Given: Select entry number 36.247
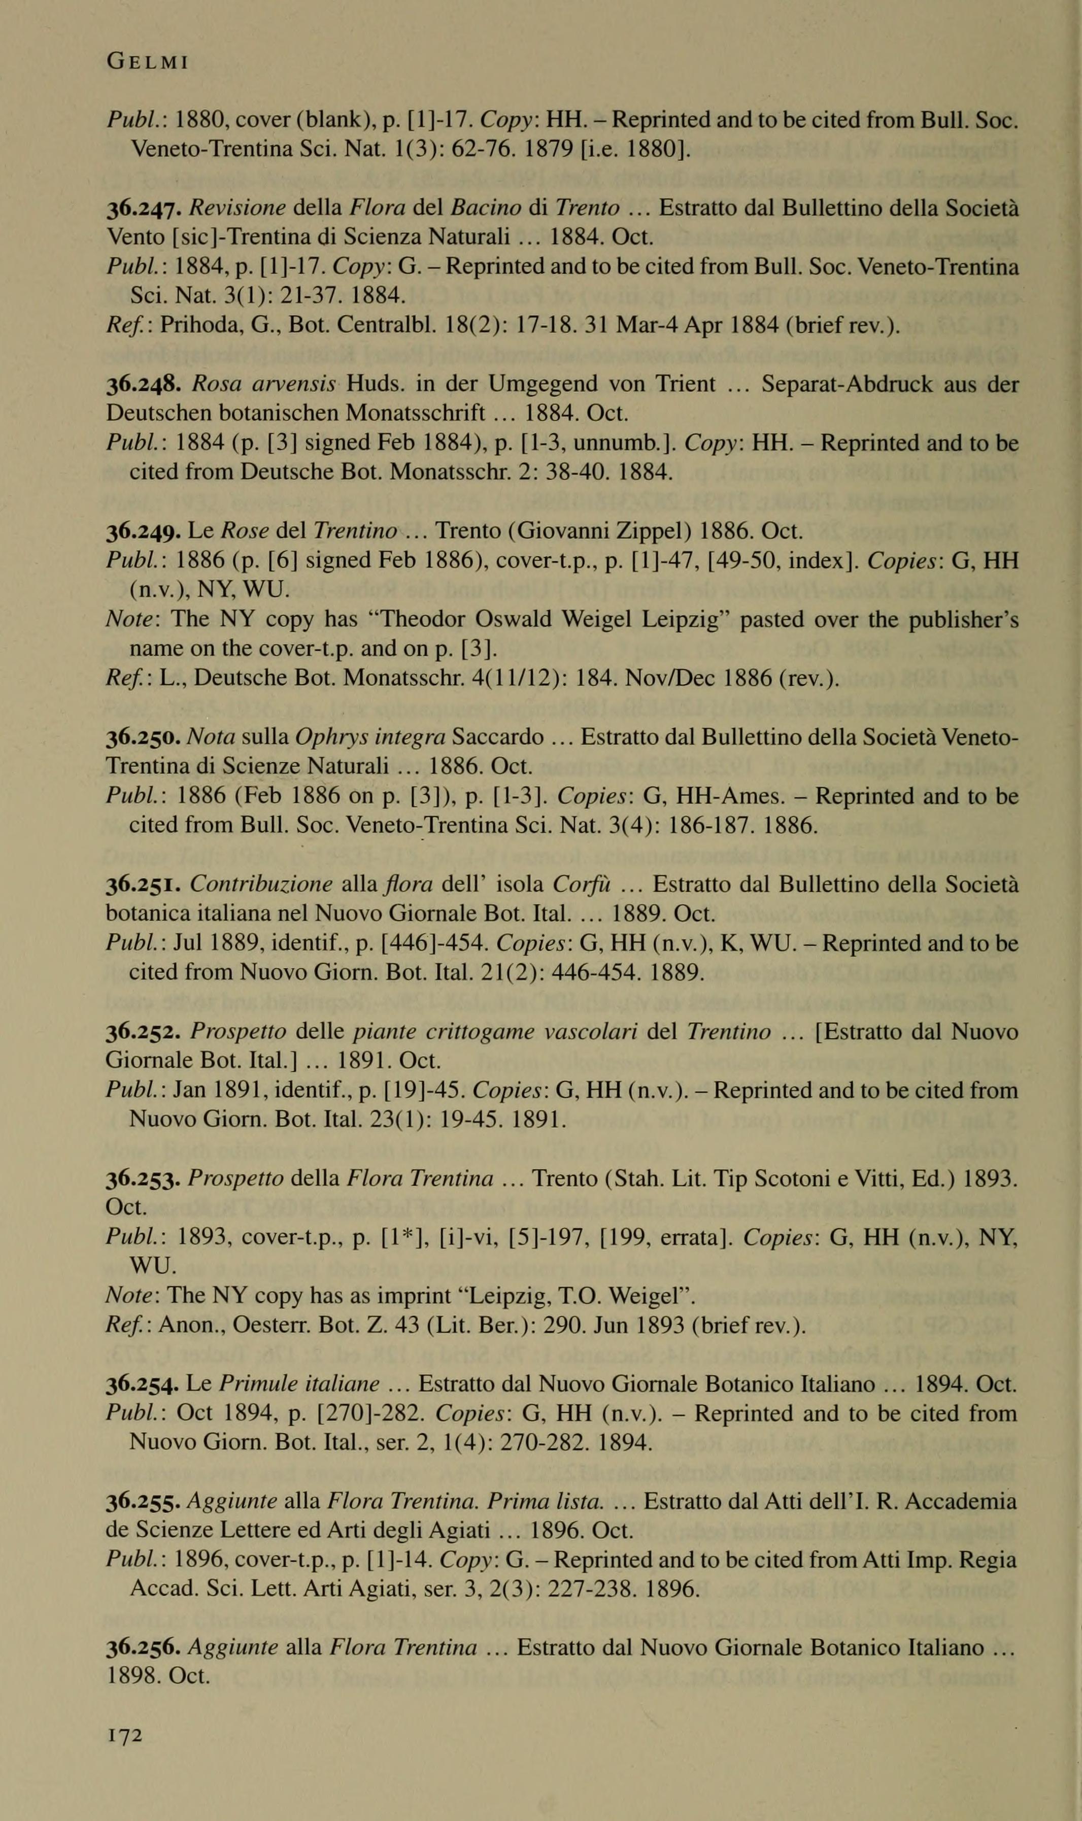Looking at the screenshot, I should click(144, 209).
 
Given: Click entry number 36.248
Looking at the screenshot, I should click(144, 384).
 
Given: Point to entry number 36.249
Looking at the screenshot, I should click(144, 531).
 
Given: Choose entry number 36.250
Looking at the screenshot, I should click(144, 738).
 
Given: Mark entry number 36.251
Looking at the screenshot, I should click(144, 885).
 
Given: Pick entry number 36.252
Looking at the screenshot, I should click(144, 1032).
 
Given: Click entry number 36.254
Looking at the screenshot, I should click(144, 1385).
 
